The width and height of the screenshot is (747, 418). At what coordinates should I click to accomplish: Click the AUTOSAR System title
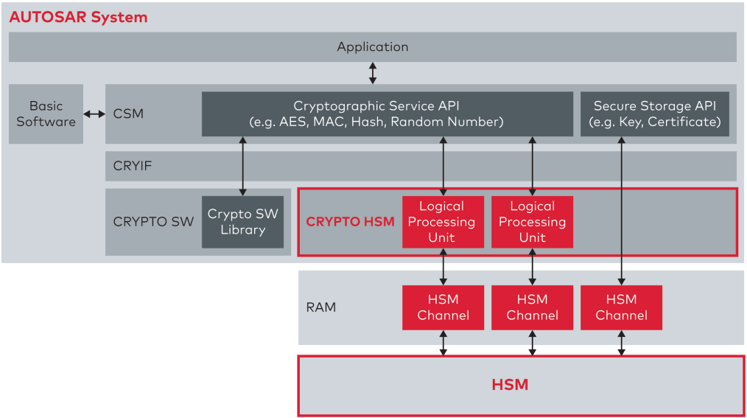click(x=78, y=17)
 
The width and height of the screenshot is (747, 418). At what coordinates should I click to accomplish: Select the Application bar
click(x=372, y=46)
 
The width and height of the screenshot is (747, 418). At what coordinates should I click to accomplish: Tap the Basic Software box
click(x=46, y=114)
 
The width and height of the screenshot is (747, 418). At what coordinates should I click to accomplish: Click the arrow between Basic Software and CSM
click(x=94, y=114)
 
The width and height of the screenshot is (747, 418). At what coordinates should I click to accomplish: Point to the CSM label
click(x=128, y=114)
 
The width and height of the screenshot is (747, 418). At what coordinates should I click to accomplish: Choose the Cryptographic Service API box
click(x=387, y=114)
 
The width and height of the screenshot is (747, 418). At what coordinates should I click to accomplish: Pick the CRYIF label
click(x=133, y=167)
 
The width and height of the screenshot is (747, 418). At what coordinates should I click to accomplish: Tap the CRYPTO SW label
click(x=153, y=222)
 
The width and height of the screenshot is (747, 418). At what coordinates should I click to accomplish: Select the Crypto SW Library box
click(x=242, y=222)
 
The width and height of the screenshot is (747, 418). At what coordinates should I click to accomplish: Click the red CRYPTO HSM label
click(x=350, y=222)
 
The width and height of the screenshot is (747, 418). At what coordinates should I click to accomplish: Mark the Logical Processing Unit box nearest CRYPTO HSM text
click(x=442, y=222)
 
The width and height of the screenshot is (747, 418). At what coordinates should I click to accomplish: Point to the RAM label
click(x=321, y=307)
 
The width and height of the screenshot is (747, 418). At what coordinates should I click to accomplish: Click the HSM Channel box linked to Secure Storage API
click(x=621, y=307)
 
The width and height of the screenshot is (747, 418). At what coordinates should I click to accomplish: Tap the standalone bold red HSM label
click(x=510, y=385)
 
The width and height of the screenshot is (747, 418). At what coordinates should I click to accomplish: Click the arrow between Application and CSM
click(x=373, y=72)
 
